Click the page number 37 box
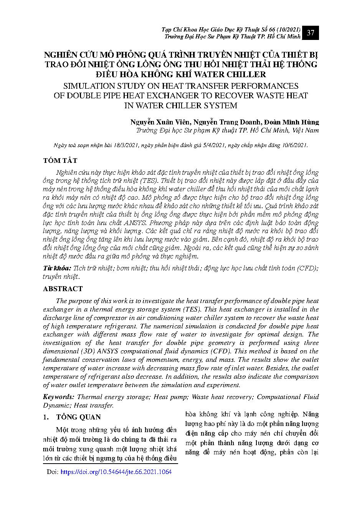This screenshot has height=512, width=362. (311, 33)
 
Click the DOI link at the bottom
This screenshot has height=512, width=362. (116, 472)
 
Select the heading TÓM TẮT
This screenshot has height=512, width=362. (60, 160)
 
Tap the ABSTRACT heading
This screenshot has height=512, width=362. (63, 288)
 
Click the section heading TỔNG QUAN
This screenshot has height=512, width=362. (78, 417)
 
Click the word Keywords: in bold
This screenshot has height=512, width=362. (58, 397)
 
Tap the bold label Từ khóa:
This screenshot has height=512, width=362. (57, 268)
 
